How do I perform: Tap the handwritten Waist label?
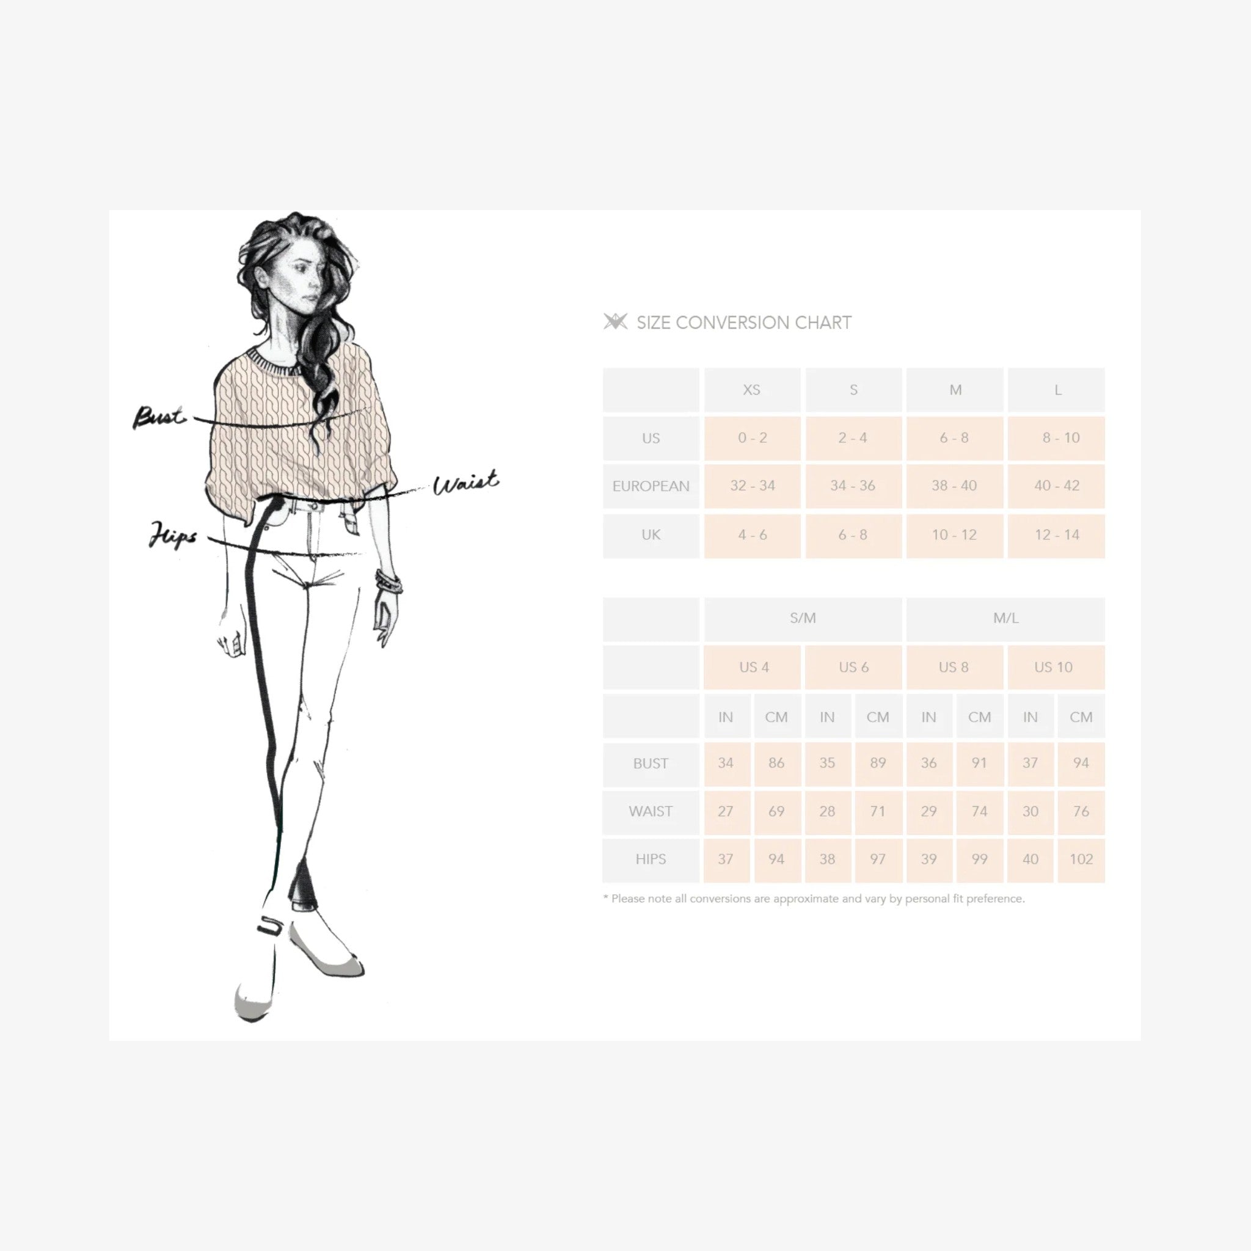[x=465, y=483]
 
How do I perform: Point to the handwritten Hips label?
[x=172, y=534]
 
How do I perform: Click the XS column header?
[x=752, y=390]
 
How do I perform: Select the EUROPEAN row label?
[x=651, y=486]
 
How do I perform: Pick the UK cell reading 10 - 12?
[x=955, y=536]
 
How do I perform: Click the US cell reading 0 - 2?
[x=752, y=438]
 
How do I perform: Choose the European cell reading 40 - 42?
[x=1056, y=486]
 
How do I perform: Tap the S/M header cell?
[x=802, y=618]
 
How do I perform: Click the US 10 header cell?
[x=1056, y=667]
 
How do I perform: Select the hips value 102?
[x=1081, y=859]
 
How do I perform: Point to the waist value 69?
[x=776, y=811]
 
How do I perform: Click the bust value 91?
[x=979, y=764]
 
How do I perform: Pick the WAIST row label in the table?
[x=651, y=811]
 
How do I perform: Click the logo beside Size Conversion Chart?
[x=615, y=321]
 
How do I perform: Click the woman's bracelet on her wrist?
[x=388, y=582]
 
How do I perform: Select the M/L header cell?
[x=1005, y=618]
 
